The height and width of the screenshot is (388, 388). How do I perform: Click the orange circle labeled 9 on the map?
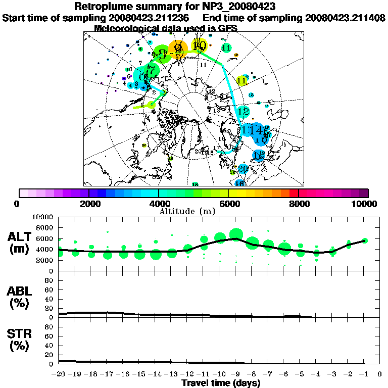[x=178, y=49]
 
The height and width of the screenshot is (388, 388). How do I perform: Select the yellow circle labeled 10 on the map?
[x=200, y=46]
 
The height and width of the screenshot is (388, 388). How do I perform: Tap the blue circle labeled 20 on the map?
[x=243, y=169]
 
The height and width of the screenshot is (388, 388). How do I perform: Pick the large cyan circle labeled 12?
[x=244, y=112]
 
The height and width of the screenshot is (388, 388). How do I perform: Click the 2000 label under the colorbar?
[x=88, y=204]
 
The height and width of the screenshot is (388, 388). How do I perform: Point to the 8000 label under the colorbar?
[x=298, y=204]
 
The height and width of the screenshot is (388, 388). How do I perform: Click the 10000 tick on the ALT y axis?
[x=45, y=217]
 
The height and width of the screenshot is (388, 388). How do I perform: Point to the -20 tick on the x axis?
[x=59, y=374]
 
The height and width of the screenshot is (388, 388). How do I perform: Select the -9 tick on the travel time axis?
[x=235, y=374]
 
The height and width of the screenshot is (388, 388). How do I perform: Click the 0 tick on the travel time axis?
[x=380, y=374]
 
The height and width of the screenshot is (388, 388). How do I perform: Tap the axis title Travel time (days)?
[x=221, y=383]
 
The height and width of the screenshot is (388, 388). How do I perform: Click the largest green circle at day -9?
[x=236, y=234]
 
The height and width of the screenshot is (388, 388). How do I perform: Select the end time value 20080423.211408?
[x=345, y=18]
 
